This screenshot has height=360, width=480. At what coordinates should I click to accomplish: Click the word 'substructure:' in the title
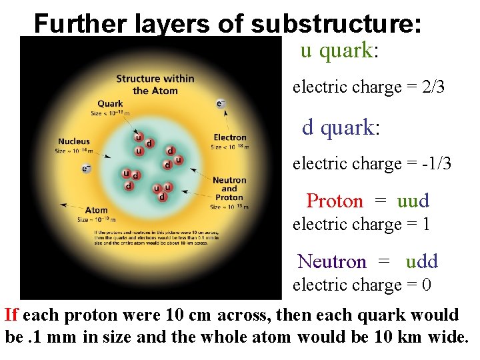(x=337, y=24)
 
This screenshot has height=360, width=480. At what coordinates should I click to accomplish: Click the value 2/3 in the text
(x=434, y=87)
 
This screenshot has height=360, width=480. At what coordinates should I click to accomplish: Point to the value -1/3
(x=436, y=163)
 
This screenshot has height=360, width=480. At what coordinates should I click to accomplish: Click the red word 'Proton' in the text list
(x=335, y=201)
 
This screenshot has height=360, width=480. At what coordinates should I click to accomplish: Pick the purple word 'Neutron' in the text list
(x=332, y=261)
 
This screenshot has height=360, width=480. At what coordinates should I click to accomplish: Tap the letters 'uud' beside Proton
(x=413, y=201)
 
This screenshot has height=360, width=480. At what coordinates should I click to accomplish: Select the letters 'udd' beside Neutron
(x=421, y=261)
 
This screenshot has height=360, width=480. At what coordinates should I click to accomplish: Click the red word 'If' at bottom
(x=11, y=315)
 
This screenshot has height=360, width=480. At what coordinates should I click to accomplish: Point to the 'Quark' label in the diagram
(x=110, y=104)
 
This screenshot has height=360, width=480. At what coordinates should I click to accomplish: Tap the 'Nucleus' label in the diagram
(x=73, y=141)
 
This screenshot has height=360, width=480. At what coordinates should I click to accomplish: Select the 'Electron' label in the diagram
(x=230, y=138)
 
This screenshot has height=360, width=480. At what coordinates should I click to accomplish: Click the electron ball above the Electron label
(x=220, y=103)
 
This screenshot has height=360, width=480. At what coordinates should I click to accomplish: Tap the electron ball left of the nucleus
(x=85, y=169)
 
